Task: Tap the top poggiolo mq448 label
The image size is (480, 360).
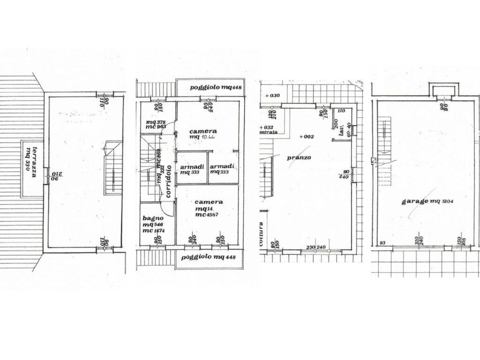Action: point(209,88)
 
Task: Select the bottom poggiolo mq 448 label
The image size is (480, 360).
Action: point(209,257)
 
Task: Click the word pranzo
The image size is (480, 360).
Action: point(299,157)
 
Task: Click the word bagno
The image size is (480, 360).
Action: point(153,218)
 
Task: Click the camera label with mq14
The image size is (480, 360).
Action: point(209,202)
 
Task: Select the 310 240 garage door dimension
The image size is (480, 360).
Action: point(420,240)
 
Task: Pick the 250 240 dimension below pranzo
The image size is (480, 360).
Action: point(316,247)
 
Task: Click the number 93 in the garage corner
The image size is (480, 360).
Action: point(382,242)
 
